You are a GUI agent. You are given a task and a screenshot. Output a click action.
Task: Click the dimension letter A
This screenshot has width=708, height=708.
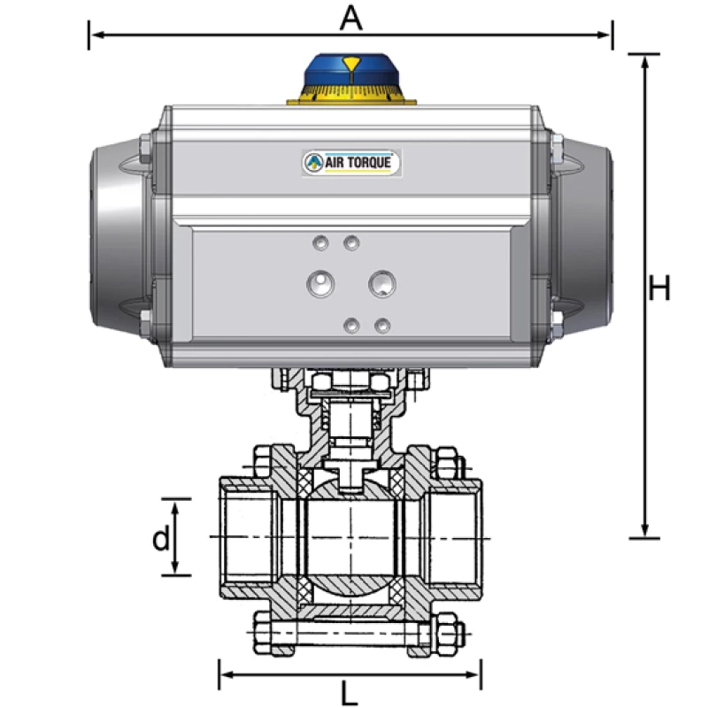[x=351, y=18]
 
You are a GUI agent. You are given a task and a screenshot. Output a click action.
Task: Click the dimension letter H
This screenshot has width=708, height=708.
[x=658, y=289]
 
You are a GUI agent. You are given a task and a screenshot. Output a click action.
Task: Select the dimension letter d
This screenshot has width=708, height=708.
[x=160, y=539]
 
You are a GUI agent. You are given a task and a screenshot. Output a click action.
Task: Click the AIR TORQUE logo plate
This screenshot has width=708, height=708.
[x=352, y=162]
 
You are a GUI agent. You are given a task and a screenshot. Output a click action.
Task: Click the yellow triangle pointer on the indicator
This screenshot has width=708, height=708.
[x=351, y=64]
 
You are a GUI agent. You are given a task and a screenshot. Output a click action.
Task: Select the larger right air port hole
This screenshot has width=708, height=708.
[x=382, y=283]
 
